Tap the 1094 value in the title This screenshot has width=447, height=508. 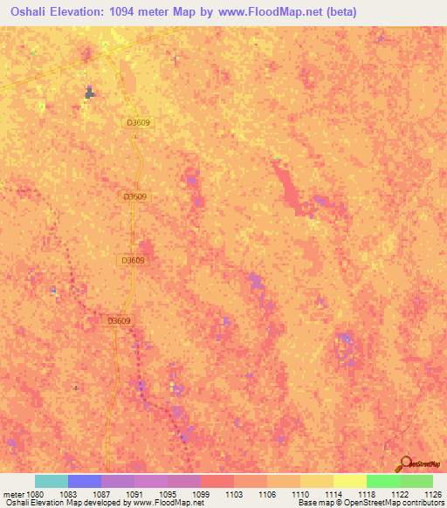pyautogui.click(x=123, y=12)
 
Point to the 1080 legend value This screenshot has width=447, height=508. pyautogui.click(x=35, y=494)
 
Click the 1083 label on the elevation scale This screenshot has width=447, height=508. pyautogui.click(x=68, y=494)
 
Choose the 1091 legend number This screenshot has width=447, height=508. pyautogui.click(x=134, y=494)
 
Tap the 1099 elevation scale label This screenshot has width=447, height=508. pyautogui.click(x=201, y=494)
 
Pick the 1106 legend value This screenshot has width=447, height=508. pyautogui.click(x=267, y=494)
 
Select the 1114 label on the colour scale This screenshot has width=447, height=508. pyautogui.click(x=334, y=494)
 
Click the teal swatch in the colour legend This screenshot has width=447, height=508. pyautogui.click(x=52, y=481)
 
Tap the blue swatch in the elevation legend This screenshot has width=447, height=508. pyautogui.click(x=85, y=481)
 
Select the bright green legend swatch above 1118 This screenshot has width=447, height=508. pyautogui.click(x=383, y=481)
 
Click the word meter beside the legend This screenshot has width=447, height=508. pyautogui.click(x=12, y=494)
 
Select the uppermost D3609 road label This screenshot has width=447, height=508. pyautogui.click(x=138, y=123)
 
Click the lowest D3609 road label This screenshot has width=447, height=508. pyautogui.click(x=119, y=320)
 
